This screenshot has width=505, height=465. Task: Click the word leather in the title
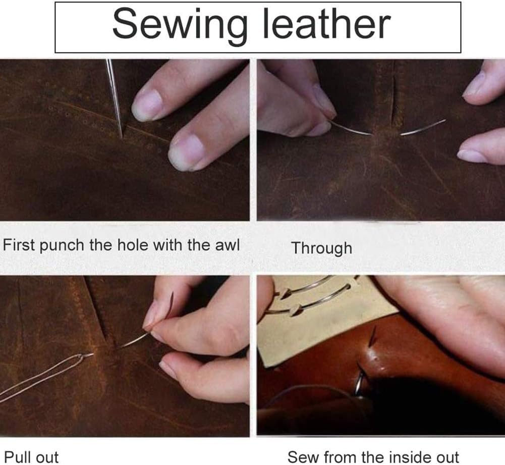coord(326,24)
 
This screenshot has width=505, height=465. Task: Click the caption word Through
coord(321,248)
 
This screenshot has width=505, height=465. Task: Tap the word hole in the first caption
coord(132,245)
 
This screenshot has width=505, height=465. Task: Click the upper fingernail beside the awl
coord(147,105)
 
